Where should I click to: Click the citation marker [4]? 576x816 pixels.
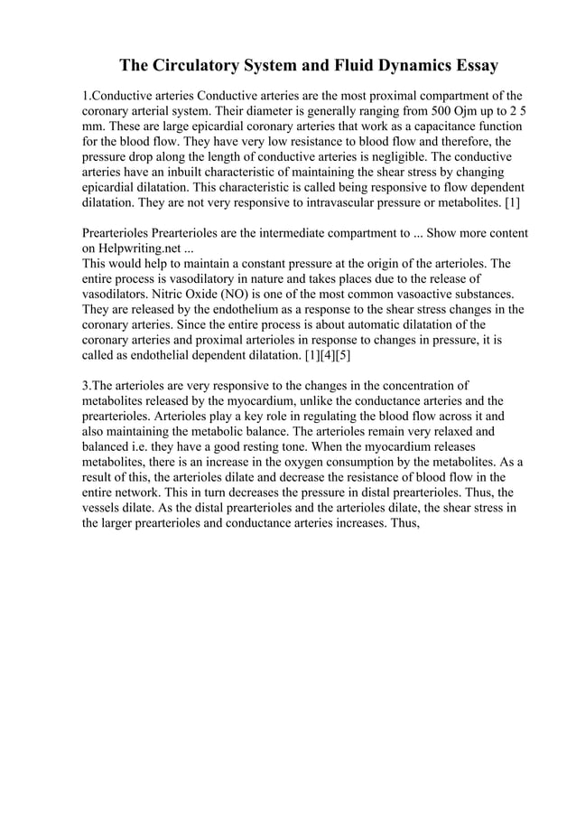point(318,356)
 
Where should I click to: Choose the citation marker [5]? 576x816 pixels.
point(338,356)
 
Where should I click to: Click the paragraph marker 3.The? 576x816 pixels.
point(101,386)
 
